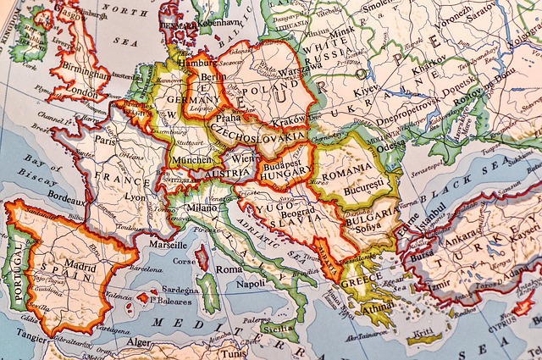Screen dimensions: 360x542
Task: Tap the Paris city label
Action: (x=106, y=141)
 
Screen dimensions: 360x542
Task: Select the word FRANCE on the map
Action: (x=123, y=177)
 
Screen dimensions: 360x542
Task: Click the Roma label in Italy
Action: (x=229, y=269)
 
